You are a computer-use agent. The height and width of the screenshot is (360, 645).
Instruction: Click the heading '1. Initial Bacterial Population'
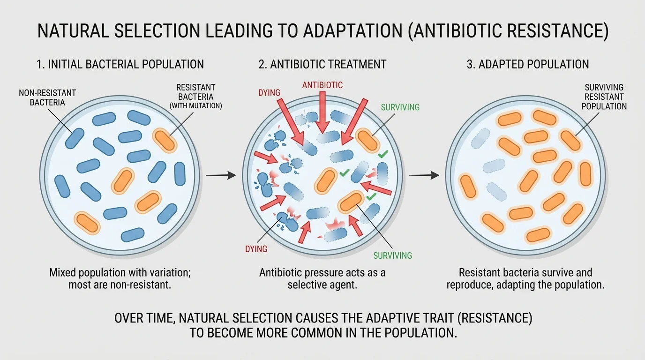tap(120, 64)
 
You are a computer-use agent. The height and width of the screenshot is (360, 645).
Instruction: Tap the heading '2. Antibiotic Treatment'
tap(322, 64)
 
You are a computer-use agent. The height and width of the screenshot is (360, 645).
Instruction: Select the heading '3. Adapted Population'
tap(528, 64)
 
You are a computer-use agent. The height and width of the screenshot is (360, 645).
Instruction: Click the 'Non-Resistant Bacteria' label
tap(47, 97)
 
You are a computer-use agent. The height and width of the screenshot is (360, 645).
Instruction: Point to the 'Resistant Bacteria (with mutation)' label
tap(195, 97)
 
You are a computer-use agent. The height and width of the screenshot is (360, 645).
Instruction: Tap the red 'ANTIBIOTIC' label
tap(322, 85)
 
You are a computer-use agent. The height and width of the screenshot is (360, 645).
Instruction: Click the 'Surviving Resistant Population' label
tap(604, 97)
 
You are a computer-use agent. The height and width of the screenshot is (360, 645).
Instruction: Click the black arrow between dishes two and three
tap(424, 175)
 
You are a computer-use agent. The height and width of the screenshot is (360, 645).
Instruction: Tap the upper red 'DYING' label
tap(269, 93)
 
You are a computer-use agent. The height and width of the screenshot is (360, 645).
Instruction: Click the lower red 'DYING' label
tap(256, 249)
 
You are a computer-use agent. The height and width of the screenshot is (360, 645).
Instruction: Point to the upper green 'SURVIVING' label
tap(400, 107)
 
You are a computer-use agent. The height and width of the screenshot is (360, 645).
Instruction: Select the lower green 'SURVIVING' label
tap(392, 255)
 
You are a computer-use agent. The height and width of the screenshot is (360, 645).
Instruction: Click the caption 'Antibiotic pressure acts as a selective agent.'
tap(322, 278)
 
